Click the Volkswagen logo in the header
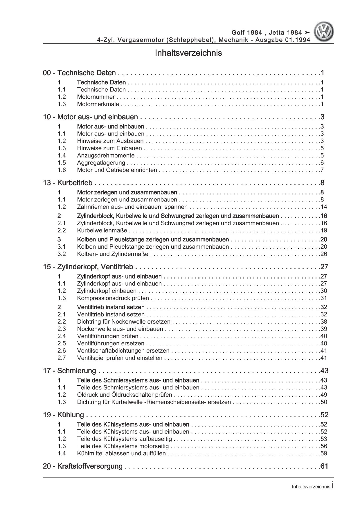(325, 32)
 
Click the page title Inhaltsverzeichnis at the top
(188, 53)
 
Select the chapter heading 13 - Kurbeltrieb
(68, 183)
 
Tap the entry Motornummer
(96, 97)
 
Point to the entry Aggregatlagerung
(101, 163)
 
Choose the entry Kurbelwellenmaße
(102, 230)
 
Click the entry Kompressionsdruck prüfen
(113, 298)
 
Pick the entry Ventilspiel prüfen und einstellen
(120, 358)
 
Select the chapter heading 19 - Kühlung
(63, 415)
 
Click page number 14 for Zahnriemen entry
(324, 207)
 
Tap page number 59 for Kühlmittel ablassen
(324, 453)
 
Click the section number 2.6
(62, 351)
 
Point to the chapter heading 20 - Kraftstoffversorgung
(83, 466)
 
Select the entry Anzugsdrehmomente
(106, 156)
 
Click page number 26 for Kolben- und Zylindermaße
(324, 254)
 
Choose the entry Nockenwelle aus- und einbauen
(120, 329)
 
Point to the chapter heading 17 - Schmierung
(70, 371)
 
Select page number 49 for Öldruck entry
(324, 395)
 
